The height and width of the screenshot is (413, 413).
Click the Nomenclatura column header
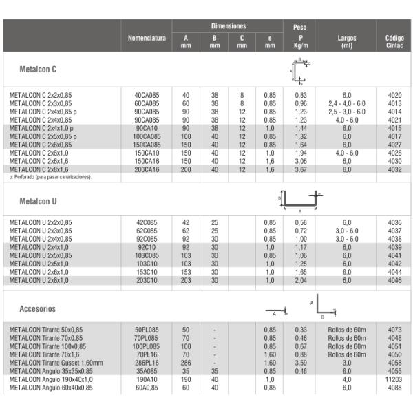click(x=147, y=38)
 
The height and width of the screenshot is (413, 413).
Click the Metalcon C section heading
click(x=39, y=70)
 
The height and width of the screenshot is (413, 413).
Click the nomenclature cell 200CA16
click(x=147, y=169)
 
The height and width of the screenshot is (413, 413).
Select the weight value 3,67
click(x=300, y=169)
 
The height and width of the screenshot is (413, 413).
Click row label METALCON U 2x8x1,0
click(x=39, y=280)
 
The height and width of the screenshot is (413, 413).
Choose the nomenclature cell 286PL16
click(x=147, y=363)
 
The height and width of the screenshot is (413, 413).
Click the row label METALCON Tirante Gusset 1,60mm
click(x=56, y=363)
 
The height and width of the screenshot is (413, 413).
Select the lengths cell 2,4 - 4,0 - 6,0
click(x=346, y=103)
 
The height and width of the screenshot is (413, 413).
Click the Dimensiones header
click(x=227, y=26)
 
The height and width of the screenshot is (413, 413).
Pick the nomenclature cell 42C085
click(x=147, y=222)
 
